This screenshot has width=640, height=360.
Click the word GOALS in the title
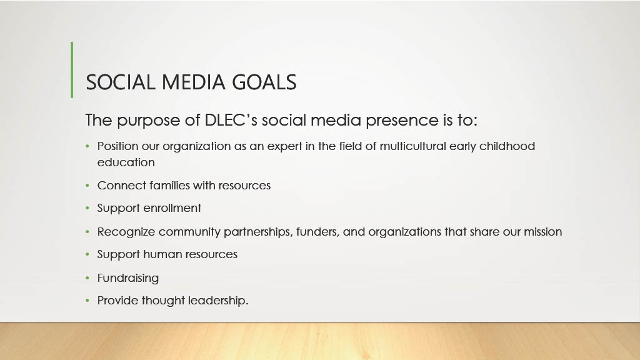click(264, 82)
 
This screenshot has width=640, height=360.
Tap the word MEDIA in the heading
click(194, 82)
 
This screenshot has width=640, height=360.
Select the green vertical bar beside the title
click(72, 70)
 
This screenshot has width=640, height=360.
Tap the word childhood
click(507, 146)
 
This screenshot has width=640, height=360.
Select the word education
click(126, 162)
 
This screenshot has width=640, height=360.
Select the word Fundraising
click(127, 278)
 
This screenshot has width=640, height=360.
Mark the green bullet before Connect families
click(87, 186)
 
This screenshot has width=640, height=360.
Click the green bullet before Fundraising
click(87, 278)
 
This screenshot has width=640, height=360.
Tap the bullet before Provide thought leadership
click(87, 301)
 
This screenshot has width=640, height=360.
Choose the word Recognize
click(126, 232)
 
